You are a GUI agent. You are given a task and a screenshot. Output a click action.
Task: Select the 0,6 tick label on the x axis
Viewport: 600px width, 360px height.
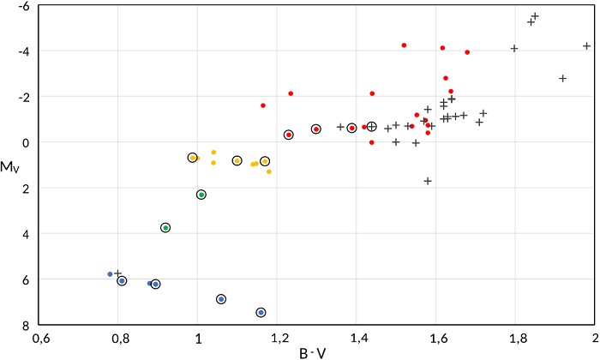(40, 339)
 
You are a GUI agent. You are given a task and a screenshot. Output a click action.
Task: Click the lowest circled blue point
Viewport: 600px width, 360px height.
(261, 312)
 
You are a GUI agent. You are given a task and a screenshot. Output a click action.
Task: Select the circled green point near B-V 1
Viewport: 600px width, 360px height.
(201, 195)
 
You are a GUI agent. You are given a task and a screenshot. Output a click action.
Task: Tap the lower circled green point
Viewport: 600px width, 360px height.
(165, 227)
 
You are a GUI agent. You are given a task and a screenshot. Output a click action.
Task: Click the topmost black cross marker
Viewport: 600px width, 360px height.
(535, 16)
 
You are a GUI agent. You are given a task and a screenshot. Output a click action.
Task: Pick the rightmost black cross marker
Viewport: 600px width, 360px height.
(587, 45)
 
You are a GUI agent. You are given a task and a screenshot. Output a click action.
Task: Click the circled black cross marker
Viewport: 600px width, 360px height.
(372, 127)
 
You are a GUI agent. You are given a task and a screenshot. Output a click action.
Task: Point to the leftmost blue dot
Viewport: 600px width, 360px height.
(110, 274)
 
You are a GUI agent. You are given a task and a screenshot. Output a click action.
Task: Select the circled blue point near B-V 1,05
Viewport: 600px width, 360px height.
(221, 299)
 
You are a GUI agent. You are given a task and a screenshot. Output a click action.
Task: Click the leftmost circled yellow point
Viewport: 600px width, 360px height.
(193, 158)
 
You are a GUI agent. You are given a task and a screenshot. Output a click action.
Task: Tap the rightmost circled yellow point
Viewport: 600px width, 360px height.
(265, 161)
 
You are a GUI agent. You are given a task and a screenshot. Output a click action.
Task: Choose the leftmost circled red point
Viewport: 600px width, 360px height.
(289, 135)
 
